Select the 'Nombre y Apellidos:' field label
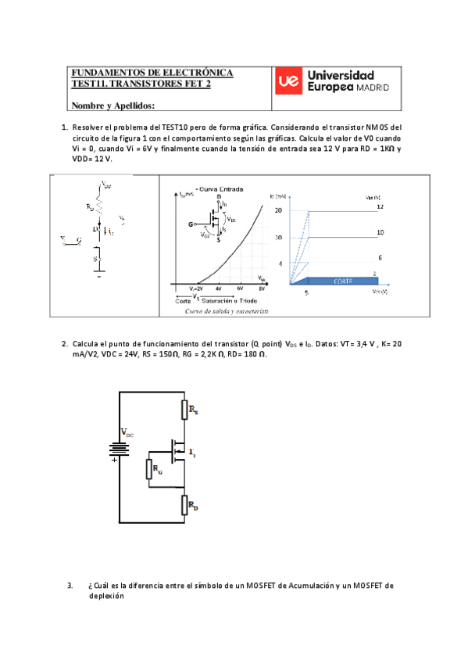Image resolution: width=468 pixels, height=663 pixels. point(113,106)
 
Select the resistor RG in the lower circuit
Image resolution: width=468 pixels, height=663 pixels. point(149,469)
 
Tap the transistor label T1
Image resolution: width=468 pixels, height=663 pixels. point(192,453)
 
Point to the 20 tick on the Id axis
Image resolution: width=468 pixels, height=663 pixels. point(279,210)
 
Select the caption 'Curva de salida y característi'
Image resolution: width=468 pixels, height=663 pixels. point(227,311)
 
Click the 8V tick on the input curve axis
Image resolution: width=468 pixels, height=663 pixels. point(262,288)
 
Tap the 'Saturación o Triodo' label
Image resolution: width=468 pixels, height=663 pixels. point(230,300)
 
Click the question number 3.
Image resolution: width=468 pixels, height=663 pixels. point(70,585)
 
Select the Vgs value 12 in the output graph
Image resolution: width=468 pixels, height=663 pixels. point(380,206)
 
